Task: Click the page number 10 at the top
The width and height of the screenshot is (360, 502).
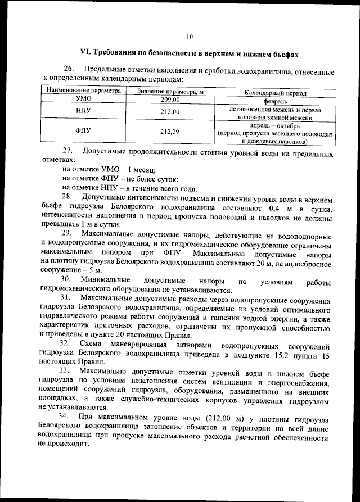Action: [190, 37]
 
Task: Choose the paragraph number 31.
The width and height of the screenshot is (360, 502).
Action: [66, 297]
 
